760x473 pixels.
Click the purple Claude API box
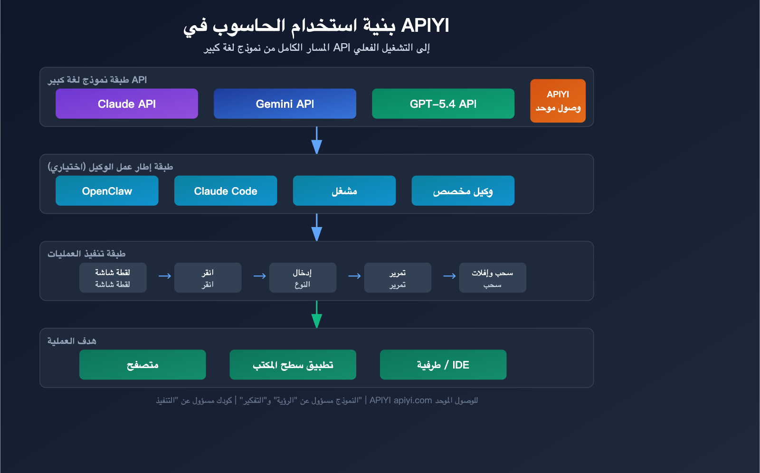click(126, 104)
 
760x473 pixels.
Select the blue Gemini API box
click(285, 104)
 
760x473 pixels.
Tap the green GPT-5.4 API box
click(443, 104)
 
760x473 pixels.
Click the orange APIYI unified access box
click(558, 101)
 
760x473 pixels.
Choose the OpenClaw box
click(107, 191)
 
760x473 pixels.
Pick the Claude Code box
click(226, 191)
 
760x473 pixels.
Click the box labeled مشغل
click(344, 191)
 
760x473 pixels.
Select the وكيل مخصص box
click(463, 191)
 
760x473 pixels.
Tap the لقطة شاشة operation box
click(113, 278)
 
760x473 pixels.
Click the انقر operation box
click(208, 278)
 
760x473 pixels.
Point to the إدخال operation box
click(303, 278)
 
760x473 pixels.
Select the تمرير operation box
click(398, 278)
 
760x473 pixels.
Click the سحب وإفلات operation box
click(492, 278)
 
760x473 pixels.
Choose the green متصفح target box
click(142, 365)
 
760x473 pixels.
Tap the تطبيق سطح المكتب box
click(293, 365)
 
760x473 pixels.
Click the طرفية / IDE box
click(443, 365)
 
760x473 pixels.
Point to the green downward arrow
click(316, 315)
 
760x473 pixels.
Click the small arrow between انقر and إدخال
click(259, 276)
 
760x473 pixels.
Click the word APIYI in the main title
click(425, 26)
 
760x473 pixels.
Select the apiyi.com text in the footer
click(413, 400)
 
